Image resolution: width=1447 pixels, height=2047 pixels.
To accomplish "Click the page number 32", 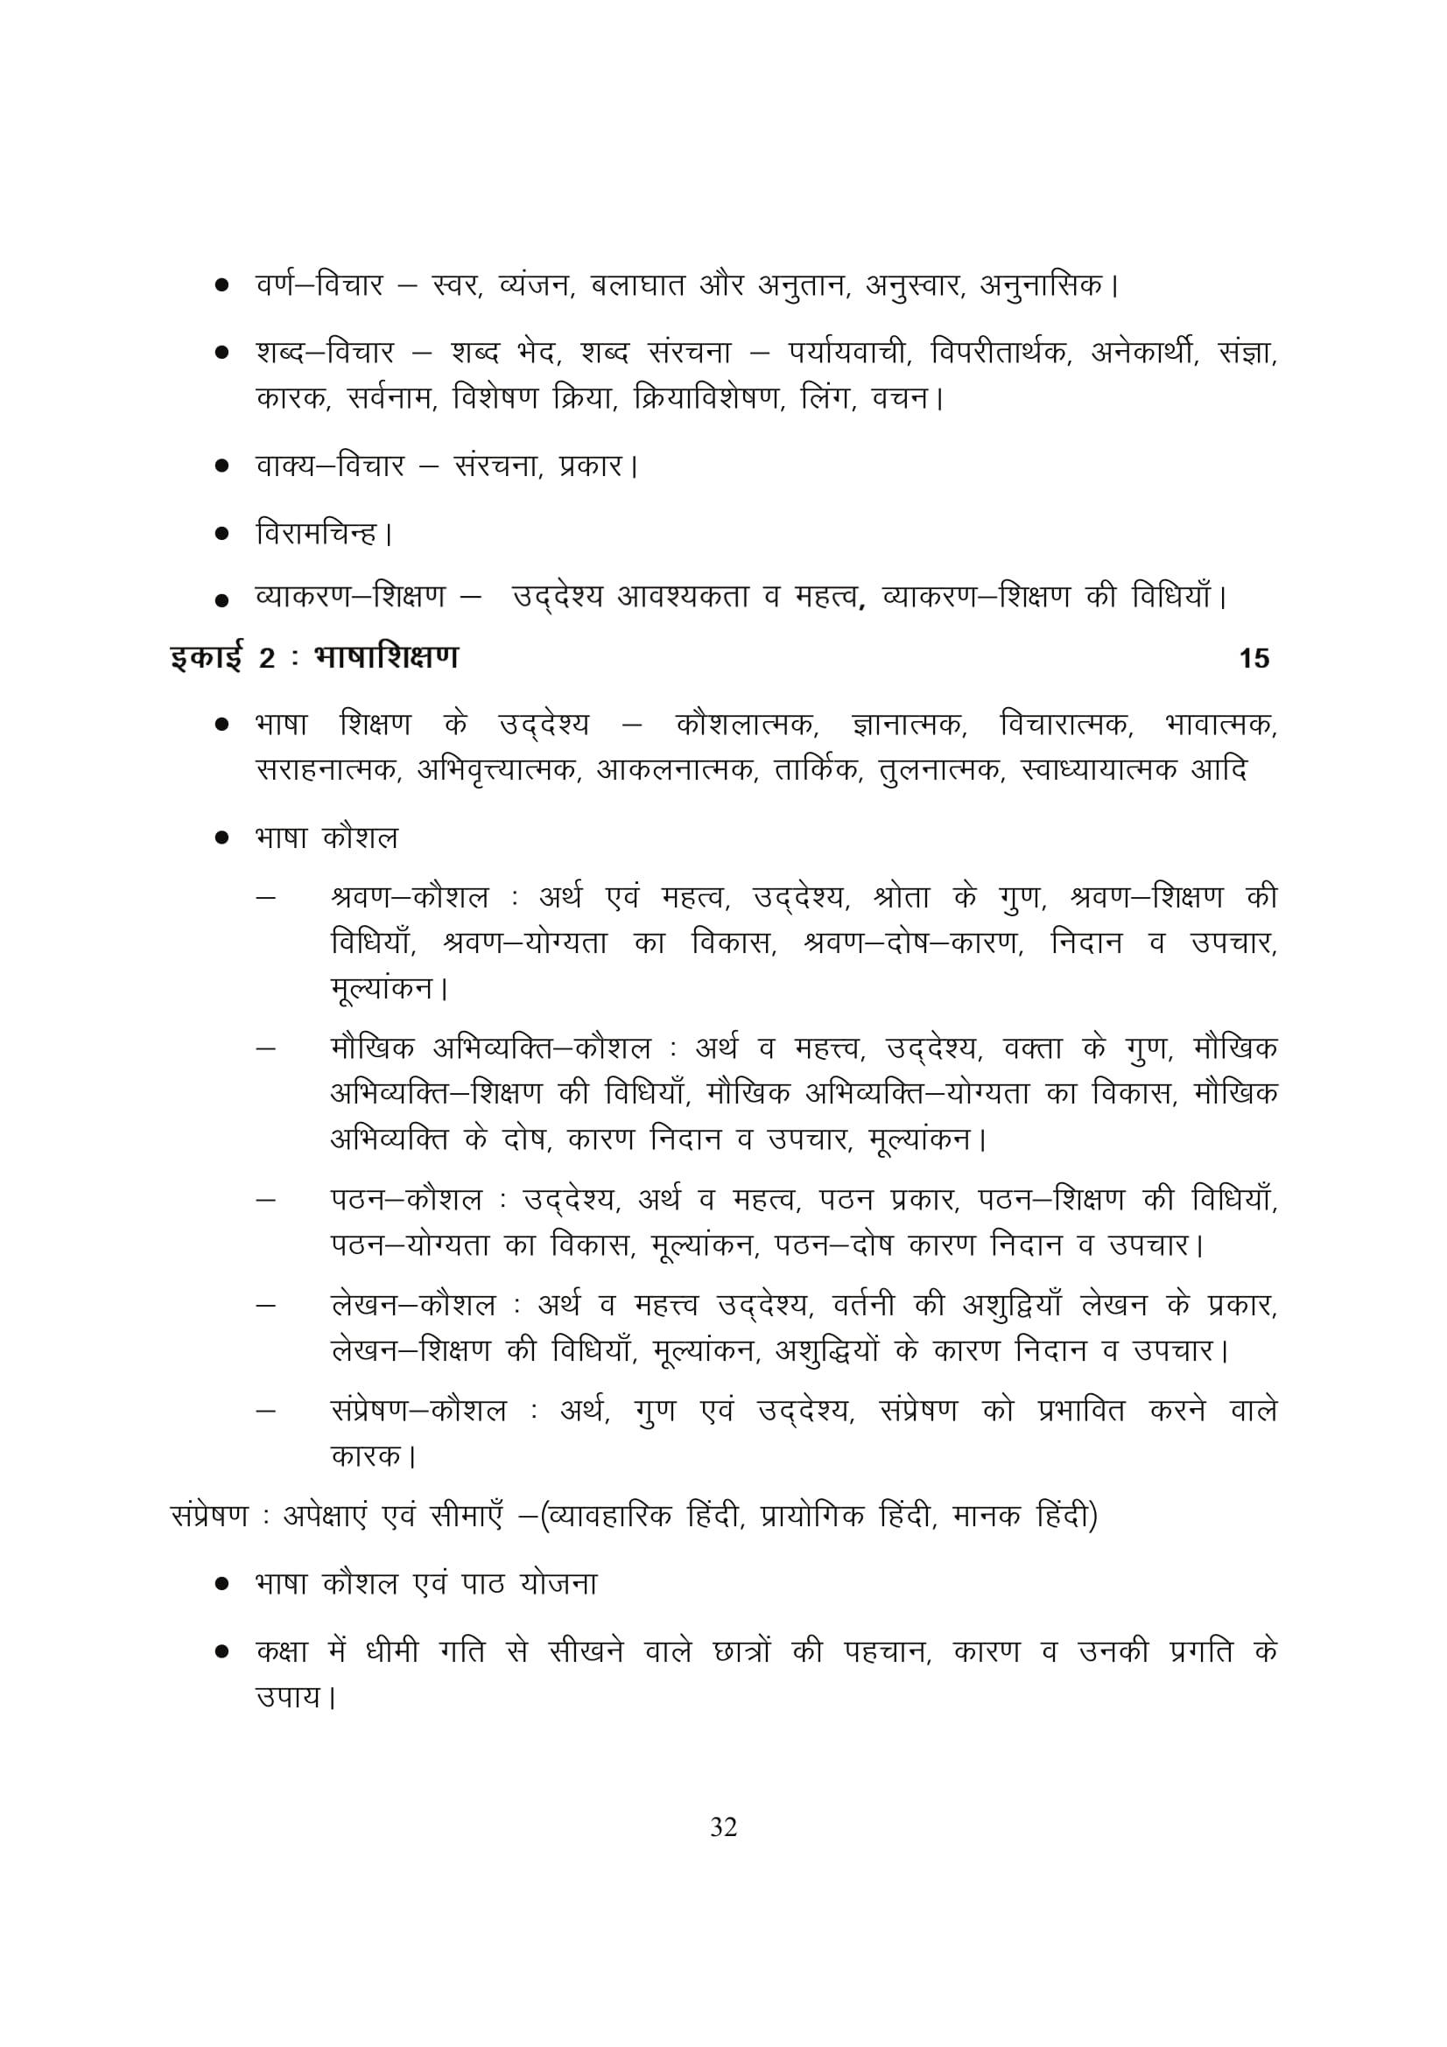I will (x=723, y=1827).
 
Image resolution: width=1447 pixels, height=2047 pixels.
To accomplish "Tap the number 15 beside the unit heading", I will (x=1254, y=659).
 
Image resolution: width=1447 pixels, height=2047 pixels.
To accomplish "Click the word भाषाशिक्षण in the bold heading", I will (x=386, y=657).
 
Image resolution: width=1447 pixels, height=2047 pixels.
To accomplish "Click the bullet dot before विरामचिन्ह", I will (x=222, y=535).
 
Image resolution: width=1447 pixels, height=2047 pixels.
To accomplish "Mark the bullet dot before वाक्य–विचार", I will (x=222, y=466).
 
